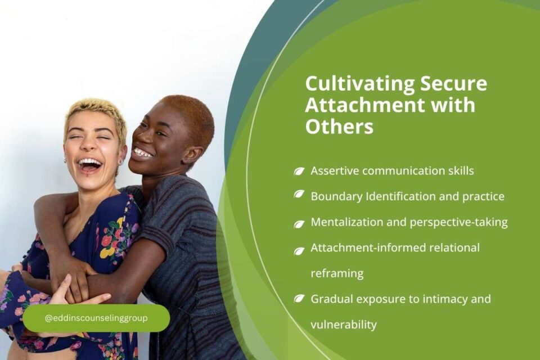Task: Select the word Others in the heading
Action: coord(339,127)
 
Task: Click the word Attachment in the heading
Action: coord(359,105)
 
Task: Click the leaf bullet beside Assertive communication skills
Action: coord(299,171)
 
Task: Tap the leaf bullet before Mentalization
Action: coord(299,223)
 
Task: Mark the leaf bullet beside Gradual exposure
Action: coord(299,299)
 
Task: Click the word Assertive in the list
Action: coord(334,171)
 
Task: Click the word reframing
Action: coord(337,274)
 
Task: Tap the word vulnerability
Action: coord(344,325)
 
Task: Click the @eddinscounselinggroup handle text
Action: coord(96,318)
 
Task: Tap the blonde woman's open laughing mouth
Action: coord(91,165)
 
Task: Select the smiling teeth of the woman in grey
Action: coord(142,153)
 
